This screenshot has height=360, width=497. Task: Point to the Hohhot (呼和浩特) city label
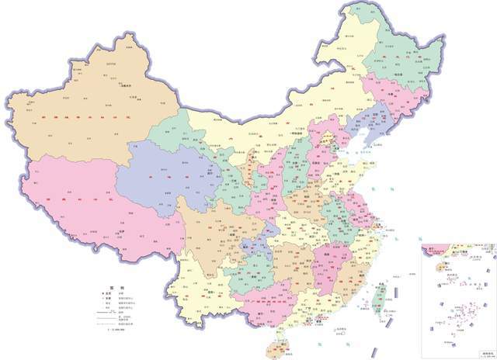[x=298, y=134]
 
